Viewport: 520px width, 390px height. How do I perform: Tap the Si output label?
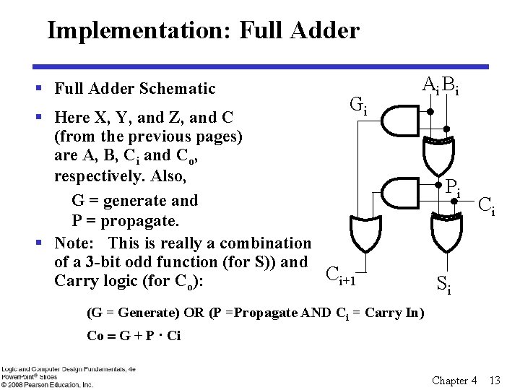[x=445, y=285]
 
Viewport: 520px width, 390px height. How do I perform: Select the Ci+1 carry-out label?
[x=342, y=274]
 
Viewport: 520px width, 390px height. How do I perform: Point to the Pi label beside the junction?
[x=454, y=188]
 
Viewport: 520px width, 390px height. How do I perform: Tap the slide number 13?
[x=495, y=380]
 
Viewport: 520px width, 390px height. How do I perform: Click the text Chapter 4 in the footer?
[x=454, y=380]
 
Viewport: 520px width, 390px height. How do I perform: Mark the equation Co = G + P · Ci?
[x=134, y=335]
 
